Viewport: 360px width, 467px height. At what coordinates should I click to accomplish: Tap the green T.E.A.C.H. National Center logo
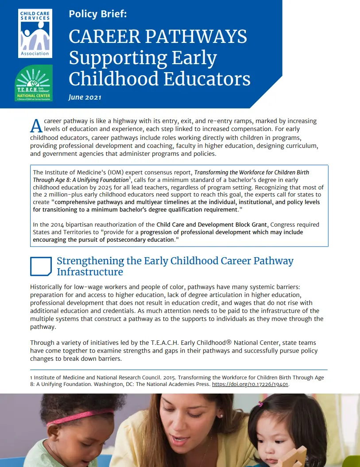tap(34, 83)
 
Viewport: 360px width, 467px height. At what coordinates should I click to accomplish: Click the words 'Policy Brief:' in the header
tap(98, 14)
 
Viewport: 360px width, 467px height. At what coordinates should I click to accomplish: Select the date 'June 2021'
tap(85, 97)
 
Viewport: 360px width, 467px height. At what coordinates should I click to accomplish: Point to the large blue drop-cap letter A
tap(36, 125)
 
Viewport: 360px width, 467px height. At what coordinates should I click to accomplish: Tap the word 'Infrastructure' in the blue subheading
tap(90, 271)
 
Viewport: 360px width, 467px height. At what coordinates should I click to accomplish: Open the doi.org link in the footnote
tap(250, 384)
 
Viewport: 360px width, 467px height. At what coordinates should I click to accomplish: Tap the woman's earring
tap(221, 416)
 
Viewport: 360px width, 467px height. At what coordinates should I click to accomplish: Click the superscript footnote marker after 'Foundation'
tap(130, 178)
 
